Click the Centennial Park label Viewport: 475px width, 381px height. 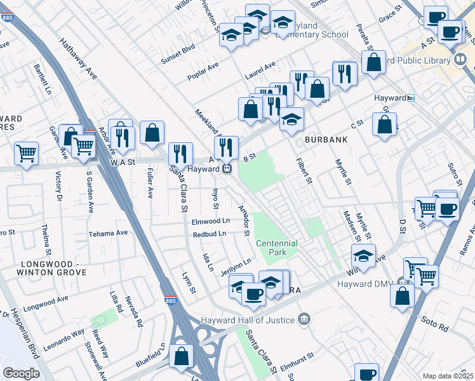(276, 248)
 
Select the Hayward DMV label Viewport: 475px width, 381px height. (364, 283)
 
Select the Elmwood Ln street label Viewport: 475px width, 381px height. (211, 221)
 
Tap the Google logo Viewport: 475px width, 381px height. (21, 373)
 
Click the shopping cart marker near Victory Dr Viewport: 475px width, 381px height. (26, 153)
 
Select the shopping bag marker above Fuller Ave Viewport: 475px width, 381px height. (152, 133)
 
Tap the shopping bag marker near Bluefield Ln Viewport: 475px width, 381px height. (182, 357)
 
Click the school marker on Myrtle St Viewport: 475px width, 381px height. (363, 256)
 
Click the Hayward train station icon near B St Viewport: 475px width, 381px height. (225, 169)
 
